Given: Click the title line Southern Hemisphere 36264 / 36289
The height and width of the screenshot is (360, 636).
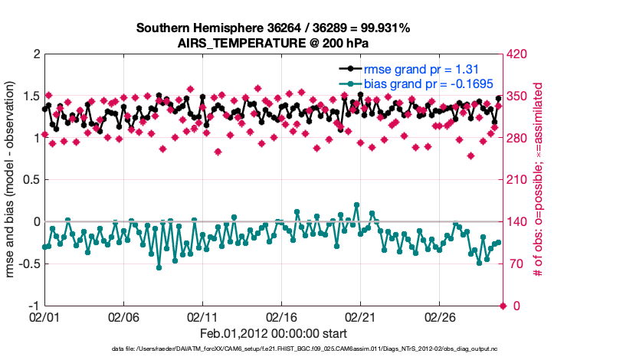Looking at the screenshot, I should coord(273,28).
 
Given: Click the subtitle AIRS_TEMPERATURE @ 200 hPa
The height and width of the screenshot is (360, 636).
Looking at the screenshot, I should coord(273,42).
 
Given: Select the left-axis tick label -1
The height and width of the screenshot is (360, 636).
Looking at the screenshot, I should coord(33,306).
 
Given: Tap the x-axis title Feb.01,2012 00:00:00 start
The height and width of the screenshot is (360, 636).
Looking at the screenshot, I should coord(273,333).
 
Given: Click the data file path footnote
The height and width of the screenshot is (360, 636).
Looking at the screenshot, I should coord(273,350).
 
